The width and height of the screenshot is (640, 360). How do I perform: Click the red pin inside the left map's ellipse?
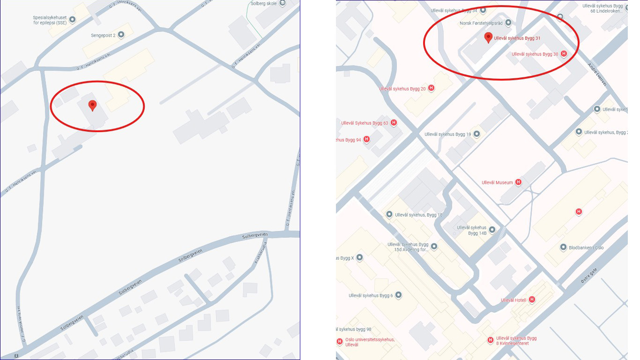tap(93, 105)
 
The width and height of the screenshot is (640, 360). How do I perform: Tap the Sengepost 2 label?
tap(103, 35)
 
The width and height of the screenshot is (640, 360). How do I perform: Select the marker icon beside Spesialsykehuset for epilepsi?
tap(72, 19)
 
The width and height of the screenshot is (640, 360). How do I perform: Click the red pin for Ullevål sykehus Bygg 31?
tap(488, 37)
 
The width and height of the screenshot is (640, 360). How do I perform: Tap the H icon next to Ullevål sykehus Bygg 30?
tap(564, 54)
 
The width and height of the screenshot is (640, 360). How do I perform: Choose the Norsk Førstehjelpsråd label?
tap(481, 22)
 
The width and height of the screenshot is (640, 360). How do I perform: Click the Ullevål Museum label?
tap(497, 182)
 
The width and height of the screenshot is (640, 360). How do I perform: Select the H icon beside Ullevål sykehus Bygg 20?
tap(431, 88)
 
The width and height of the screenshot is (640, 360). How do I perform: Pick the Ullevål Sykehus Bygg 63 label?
tap(365, 123)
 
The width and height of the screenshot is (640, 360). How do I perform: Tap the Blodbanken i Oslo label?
tap(586, 247)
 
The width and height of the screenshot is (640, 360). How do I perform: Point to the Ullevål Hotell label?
tap(514, 300)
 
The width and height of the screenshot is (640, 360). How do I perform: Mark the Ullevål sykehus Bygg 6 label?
tap(371, 295)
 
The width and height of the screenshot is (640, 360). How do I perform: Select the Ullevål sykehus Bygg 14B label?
tap(472, 230)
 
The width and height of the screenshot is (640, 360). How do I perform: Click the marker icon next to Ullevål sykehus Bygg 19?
tap(477, 134)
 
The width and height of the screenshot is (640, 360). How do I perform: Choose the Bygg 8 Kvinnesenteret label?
tap(516, 341)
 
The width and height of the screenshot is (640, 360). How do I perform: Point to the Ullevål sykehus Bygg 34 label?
tap(454, 10)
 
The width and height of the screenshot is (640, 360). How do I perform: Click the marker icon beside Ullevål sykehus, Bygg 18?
tap(389, 215)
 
